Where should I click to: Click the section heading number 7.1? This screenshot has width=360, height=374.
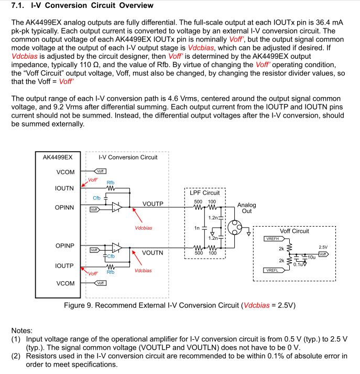click(18, 5)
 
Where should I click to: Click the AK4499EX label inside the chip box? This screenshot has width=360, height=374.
click(58, 157)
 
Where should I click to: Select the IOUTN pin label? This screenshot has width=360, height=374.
click(64, 188)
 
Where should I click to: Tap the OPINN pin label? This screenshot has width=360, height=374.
click(64, 208)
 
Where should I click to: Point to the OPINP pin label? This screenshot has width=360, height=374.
click(65, 245)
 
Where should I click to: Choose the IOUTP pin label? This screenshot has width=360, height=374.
click(64, 266)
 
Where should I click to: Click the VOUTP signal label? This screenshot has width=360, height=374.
click(153, 204)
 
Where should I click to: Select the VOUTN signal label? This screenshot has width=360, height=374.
click(152, 253)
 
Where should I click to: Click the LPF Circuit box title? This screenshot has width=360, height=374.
click(205, 193)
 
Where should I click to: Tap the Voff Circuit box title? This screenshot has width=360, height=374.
click(294, 231)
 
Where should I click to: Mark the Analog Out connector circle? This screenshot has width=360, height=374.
click(235, 227)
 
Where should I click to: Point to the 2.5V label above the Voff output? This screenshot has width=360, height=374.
click(323, 248)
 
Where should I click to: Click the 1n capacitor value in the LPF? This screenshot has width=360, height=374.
click(197, 228)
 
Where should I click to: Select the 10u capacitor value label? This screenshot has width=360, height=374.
click(311, 258)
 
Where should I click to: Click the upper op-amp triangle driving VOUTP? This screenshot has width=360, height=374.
click(117, 207)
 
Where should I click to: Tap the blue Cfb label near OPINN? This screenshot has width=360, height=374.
click(96, 198)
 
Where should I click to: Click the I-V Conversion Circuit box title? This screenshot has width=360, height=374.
click(128, 157)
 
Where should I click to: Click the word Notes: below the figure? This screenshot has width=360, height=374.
click(21, 330)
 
